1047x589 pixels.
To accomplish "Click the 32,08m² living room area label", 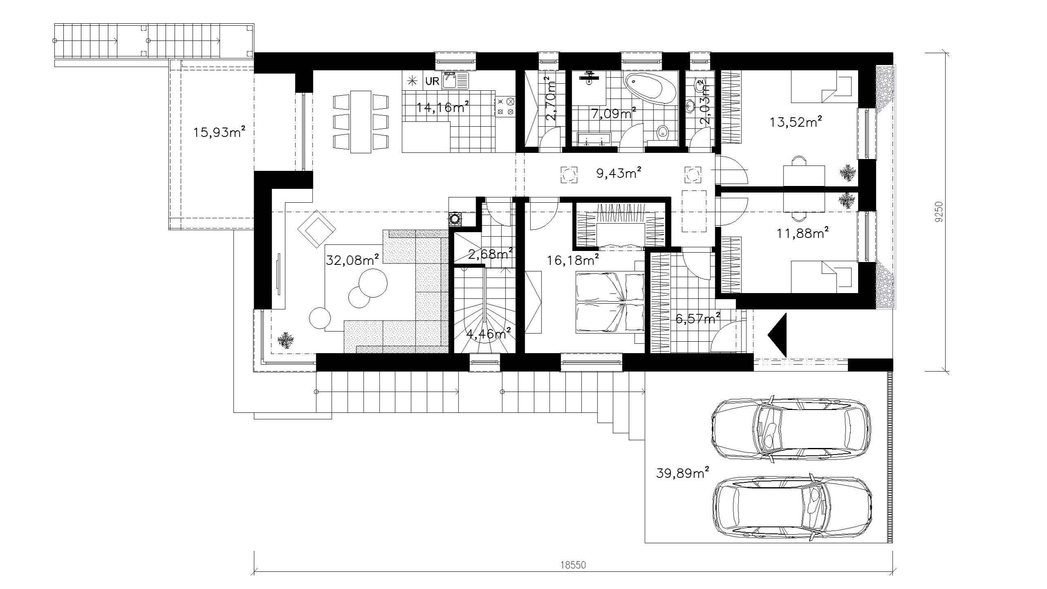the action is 352,260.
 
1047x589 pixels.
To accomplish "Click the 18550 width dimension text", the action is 573,565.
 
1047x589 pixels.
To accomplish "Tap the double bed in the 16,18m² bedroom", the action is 610,302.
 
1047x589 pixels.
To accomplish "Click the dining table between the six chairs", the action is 361,121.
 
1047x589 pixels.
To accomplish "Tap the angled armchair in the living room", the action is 317,229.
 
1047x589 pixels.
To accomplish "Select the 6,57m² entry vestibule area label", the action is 698,318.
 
